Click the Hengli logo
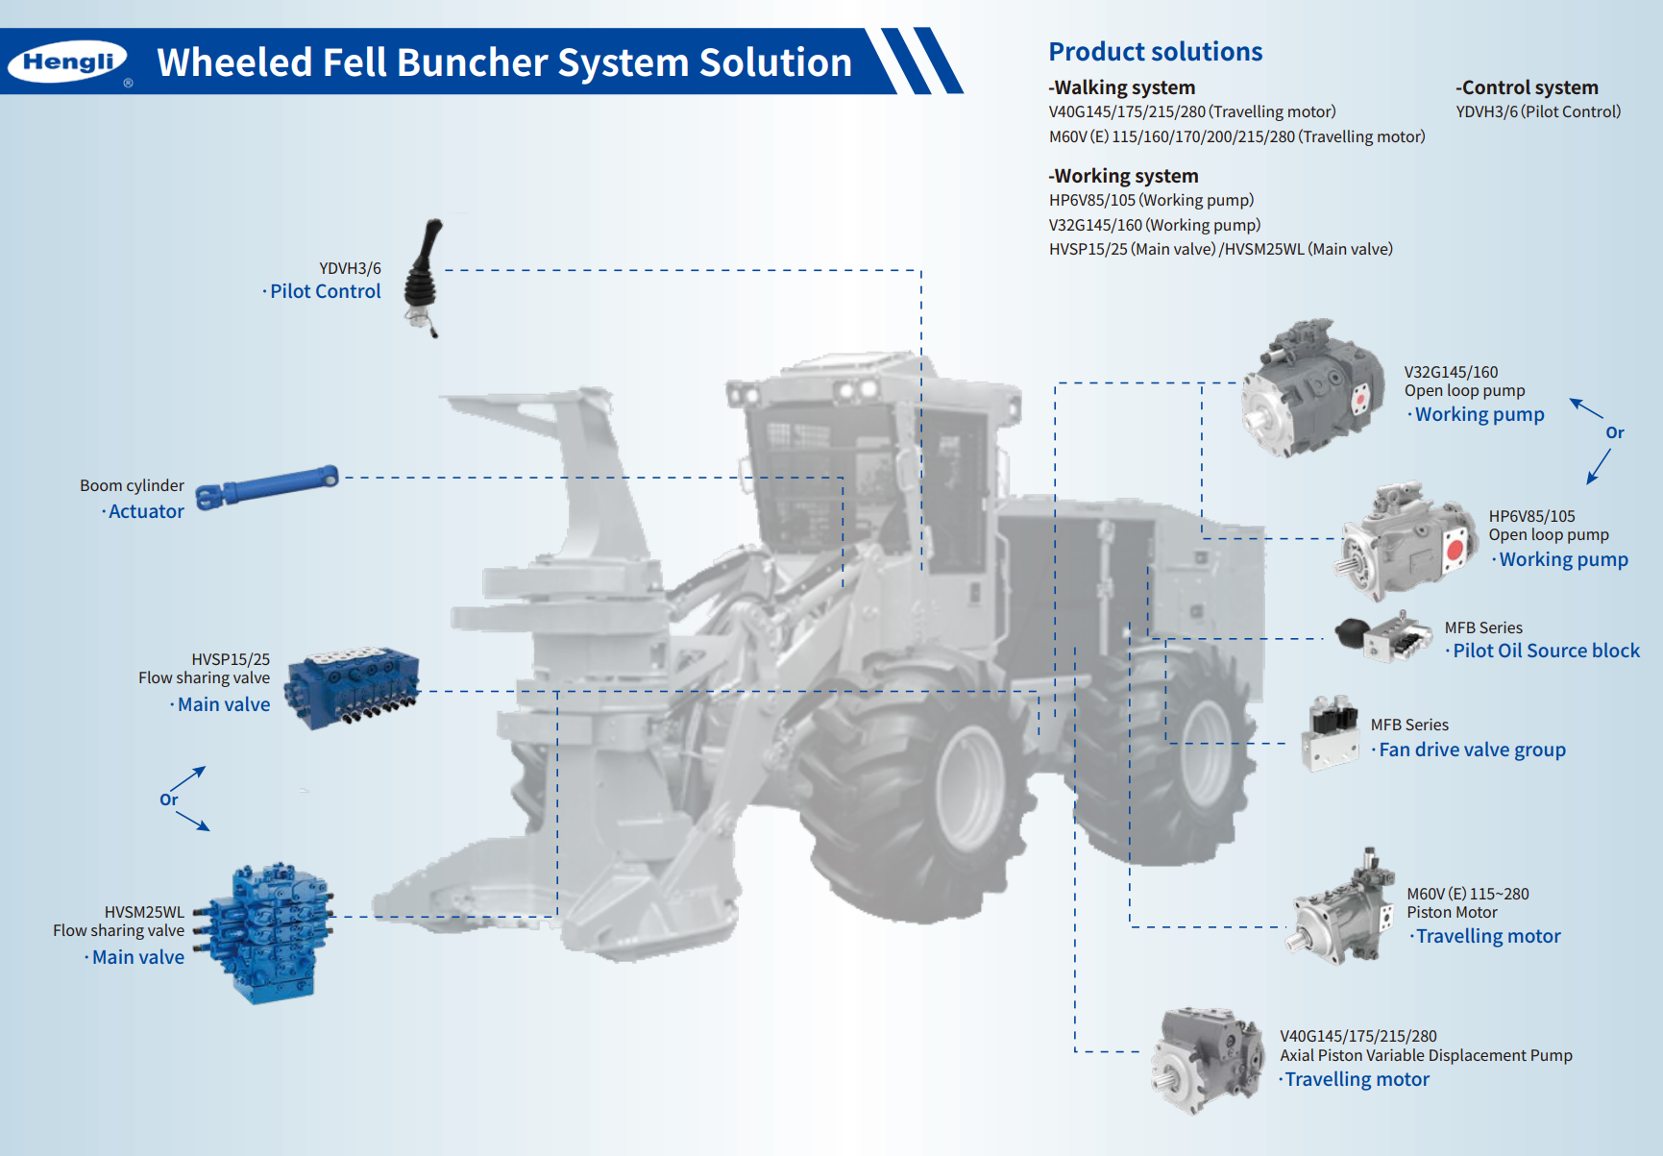click(x=68, y=62)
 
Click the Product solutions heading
click(x=1155, y=52)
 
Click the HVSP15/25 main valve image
click(x=354, y=686)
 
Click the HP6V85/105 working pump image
click(x=1406, y=542)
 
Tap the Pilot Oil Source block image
click(x=1384, y=636)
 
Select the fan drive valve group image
click(x=1331, y=734)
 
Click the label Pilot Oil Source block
click(x=1546, y=651)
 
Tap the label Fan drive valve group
click(x=1472, y=750)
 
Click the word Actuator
click(x=146, y=512)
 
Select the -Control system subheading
click(x=1527, y=87)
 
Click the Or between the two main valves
click(x=169, y=799)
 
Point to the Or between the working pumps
click(x=1614, y=433)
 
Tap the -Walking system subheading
click(x=1122, y=87)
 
